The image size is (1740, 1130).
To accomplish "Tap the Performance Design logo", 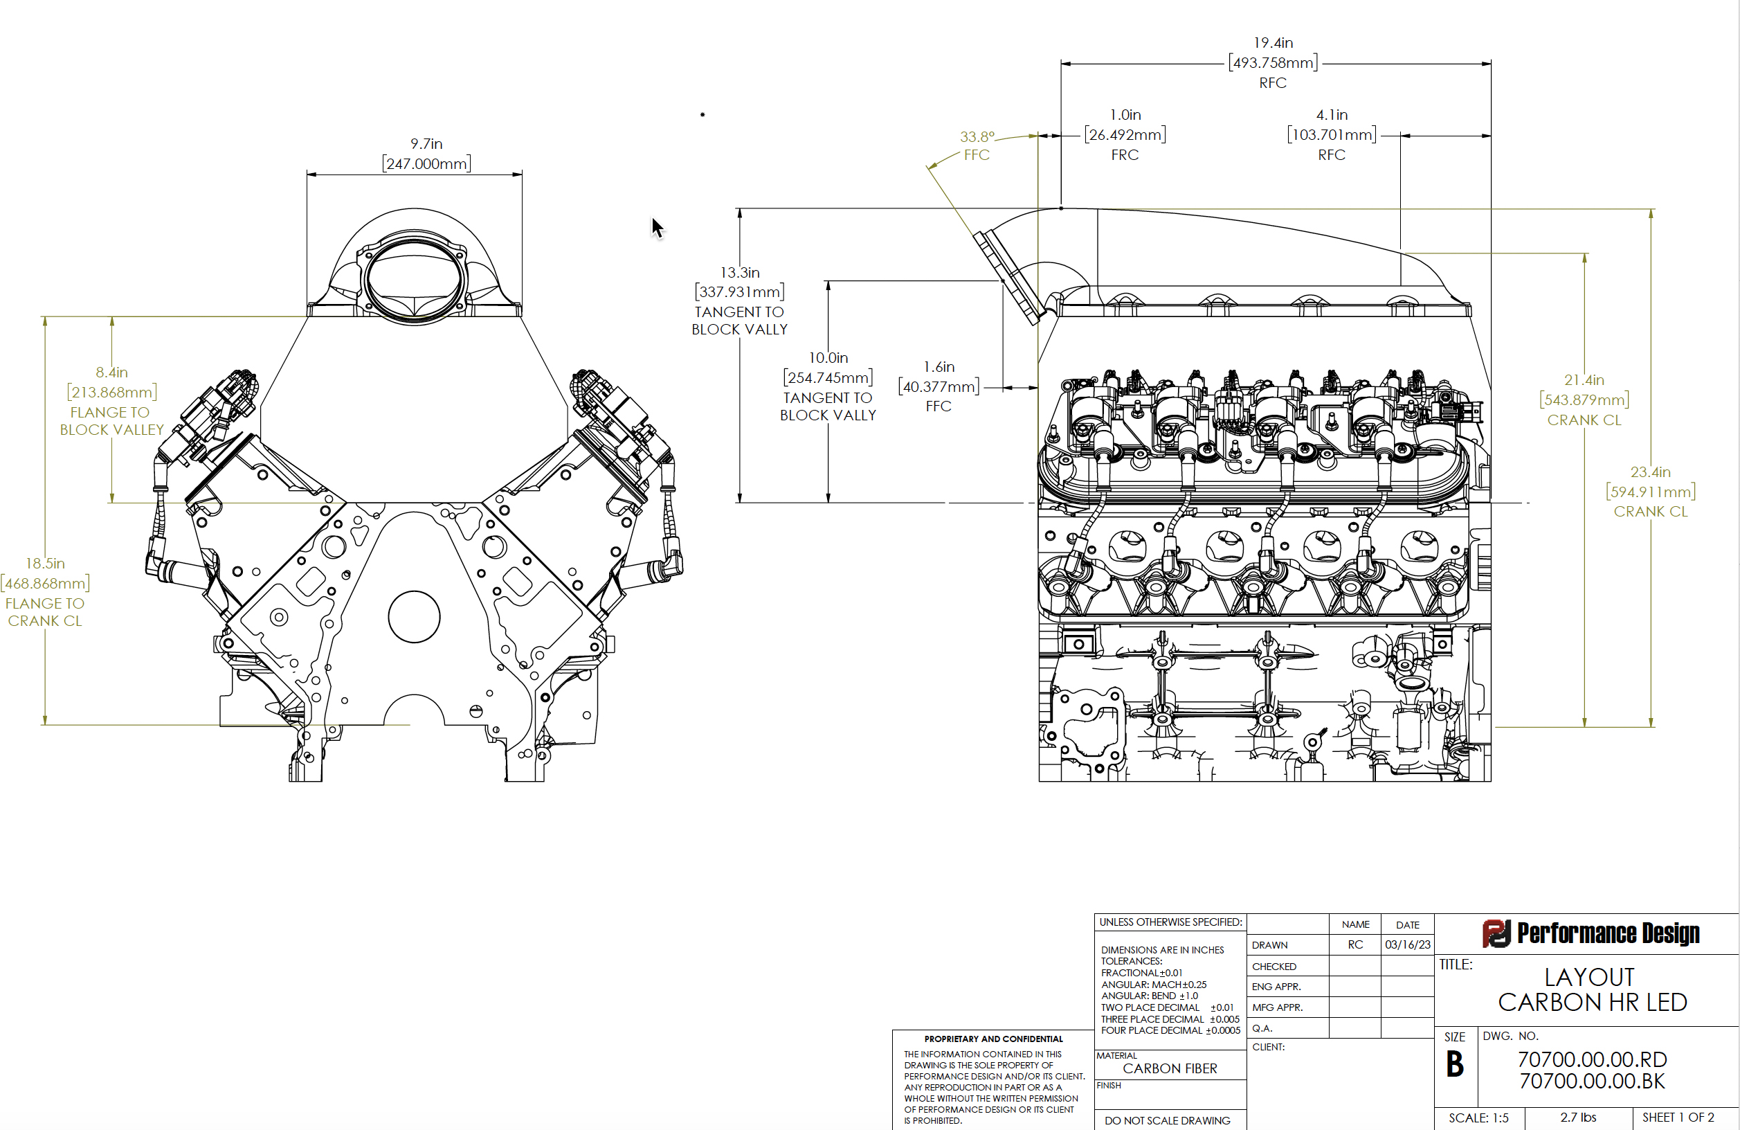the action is pyautogui.click(x=1590, y=933).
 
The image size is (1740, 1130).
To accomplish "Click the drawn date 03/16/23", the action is pyautogui.click(x=1407, y=944).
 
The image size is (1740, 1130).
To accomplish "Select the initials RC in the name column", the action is pyautogui.click(x=1355, y=944).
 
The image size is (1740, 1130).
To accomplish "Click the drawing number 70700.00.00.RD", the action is pyautogui.click(x=1593, y=1059).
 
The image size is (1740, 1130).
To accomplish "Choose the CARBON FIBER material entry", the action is pyautogui.click(x=1170, y=1068).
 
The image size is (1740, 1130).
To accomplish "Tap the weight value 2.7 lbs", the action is pyautogui.click(x=1578, y=1118).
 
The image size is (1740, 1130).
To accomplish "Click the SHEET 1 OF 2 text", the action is pyautogui.click(x=1678, y=1118).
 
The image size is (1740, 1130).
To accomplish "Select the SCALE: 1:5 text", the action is pyautogui.click(x=1478, y=1118).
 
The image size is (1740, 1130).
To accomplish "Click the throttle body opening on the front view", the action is pyautogui.click(x=415, y=278).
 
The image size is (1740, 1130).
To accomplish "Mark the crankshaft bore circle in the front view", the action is pyautogui.click(x=414, y=616).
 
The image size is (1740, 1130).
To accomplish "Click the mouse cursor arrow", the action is pyautogui.click(x=658, y=228).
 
